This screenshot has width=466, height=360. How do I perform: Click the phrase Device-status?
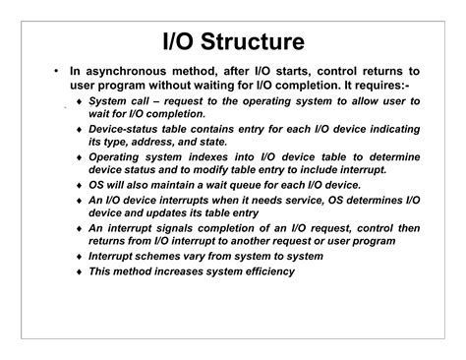coord(125,129)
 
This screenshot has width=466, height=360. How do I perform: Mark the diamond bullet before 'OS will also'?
coord(78,185)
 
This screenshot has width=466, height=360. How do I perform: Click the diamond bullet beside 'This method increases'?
coord(78,271)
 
